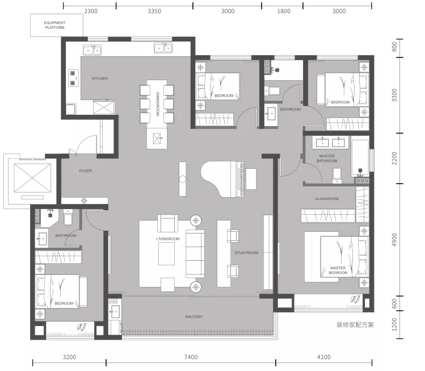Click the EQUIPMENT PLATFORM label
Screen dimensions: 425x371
(x=54, y=25)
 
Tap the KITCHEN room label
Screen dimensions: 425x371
(x=100, y=78)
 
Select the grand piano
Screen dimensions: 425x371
(x=223, y=179)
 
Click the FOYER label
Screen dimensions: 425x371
(x=86, y=170)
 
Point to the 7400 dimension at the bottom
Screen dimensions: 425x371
(x=191, y=357)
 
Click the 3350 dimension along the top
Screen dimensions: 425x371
(x=154, y=11)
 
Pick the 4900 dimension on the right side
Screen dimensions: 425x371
(x=394, y=240)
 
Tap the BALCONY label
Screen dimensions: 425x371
(x=194, y=316)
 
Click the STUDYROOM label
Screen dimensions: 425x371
(x=246, y=253)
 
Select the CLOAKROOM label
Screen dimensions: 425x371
(x=327, y=199)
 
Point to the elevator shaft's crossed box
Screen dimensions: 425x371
(x=32, y=178)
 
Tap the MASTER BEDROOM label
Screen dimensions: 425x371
(x=338, y=270)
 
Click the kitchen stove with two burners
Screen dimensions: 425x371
(x=73, y=78)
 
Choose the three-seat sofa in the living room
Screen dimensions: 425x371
(x=195, y=254)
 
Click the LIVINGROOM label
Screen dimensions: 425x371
(x=168, y=239)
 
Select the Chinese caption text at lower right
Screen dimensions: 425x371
(x=355, y=325)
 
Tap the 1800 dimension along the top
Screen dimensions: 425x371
(x=284, y=11)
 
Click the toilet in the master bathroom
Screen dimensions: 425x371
(x=337, y=176)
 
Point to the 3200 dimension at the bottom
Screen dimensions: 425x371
(x=69, y=357)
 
